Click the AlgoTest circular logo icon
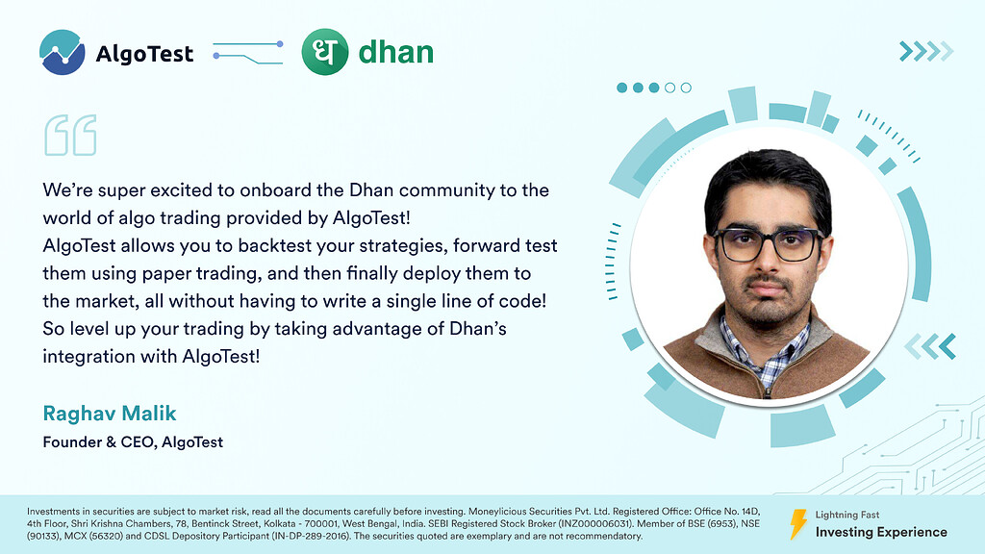click(63, 52)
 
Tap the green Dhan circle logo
click(325, 52)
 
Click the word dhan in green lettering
click(395, 52)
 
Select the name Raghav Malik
click(110, 414)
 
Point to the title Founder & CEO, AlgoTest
click(133, 442)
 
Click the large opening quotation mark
click(70, 135)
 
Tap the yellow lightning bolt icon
click(797, 524)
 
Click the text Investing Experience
click(881, 532)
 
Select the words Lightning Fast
click(847, 515)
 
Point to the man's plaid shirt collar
click(765, 348)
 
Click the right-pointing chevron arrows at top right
click(926, 51)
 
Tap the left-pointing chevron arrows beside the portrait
click(930, 346)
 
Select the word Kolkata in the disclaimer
click(279, 524)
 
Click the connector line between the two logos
click(248, 53)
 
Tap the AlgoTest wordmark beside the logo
click(144, 54)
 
